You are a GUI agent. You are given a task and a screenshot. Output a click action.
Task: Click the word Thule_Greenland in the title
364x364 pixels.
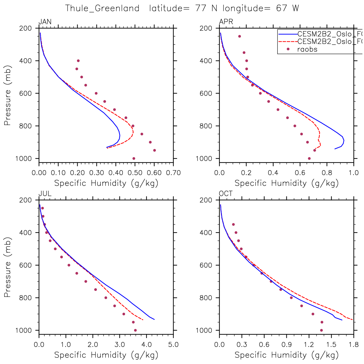(102, 8)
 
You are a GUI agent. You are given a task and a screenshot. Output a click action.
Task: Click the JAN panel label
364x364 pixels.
(45, 22)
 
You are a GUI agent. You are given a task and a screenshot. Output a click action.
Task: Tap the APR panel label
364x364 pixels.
(226, 22)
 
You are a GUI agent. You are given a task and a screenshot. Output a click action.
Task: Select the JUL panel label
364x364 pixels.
(45, 194)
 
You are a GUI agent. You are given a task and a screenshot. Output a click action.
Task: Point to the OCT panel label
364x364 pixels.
(226, 194)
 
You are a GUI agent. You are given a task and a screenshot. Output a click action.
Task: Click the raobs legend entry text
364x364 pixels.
(307, 49)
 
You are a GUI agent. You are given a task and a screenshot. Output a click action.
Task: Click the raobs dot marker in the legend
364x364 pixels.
(288, 49)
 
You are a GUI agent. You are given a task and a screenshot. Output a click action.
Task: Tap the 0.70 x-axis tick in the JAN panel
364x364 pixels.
(173, 173)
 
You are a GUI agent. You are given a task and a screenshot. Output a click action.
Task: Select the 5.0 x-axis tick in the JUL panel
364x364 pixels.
(173, 345)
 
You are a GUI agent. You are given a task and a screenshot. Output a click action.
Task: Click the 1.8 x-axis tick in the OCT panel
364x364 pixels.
(353, 345)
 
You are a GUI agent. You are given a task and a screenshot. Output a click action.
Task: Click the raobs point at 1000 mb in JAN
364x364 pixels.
(134, 158)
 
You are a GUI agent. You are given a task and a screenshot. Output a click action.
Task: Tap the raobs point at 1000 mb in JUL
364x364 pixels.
(135, 330)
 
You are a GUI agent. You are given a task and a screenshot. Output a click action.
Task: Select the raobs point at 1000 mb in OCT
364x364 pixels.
(321, 330)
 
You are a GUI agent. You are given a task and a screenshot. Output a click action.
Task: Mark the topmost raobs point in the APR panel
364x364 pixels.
(240, 36)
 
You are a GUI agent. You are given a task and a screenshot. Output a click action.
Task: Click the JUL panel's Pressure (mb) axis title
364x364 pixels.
(8, 267)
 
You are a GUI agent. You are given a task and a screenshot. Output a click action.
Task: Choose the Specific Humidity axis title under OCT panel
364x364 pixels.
(286, 355)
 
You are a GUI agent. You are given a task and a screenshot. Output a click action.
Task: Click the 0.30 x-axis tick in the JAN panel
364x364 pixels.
(97, 173)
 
